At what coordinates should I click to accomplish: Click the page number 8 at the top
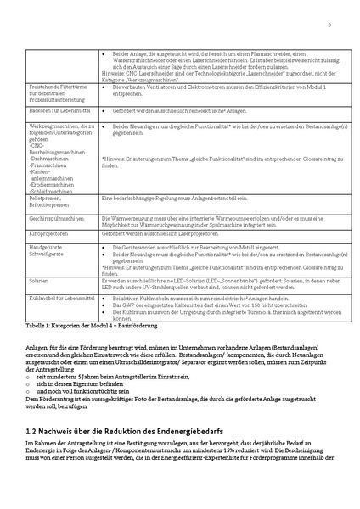click(x=328, y=25)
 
